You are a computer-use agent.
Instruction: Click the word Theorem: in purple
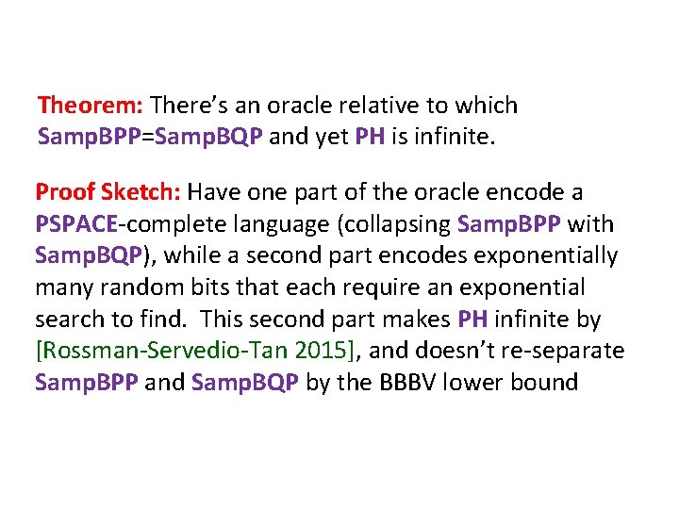[x=90, y=105]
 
